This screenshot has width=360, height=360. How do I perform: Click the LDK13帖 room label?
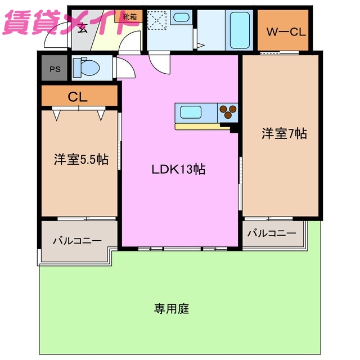tap(177, 169)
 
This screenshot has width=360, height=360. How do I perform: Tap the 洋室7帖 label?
tap(284, 134)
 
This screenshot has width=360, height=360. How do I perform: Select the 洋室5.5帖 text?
tap(81, 160)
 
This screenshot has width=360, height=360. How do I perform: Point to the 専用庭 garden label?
tap(171, 308)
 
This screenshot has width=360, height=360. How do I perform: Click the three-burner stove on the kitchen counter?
tap(228, 111)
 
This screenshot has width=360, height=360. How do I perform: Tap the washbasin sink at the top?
tap(181, 18)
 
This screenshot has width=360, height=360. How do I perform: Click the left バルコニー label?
tap(77, 241)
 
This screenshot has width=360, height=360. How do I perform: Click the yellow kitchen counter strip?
tap(202, 126)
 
